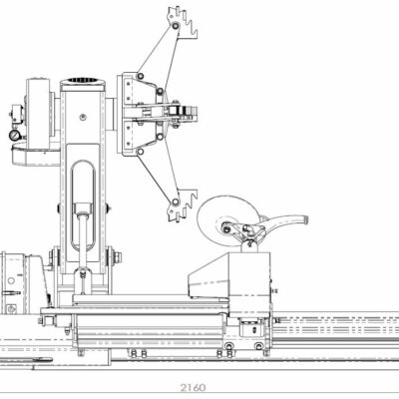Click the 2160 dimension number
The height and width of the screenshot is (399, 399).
[194, 388]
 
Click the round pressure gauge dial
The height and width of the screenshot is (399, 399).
[14, 135]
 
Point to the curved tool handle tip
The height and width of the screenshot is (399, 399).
[304, 219]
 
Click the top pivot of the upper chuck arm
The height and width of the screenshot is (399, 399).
[176, 26]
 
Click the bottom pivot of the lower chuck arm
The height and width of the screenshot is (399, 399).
[176, 201]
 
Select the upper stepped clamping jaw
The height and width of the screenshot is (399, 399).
[183, 22]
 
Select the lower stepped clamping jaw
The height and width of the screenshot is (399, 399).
[183, 205]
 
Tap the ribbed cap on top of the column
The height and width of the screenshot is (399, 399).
[82, 81]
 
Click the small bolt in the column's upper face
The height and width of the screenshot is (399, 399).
[82, 117]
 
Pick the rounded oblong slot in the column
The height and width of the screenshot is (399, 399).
[83, 205]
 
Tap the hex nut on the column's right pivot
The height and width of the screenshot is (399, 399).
[118, 256]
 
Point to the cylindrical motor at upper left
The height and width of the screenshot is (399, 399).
[38, 113]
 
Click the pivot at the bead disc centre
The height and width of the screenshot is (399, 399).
[226, 229]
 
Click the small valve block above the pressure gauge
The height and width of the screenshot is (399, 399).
[16, 112]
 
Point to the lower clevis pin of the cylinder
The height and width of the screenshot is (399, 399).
[82, 274]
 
